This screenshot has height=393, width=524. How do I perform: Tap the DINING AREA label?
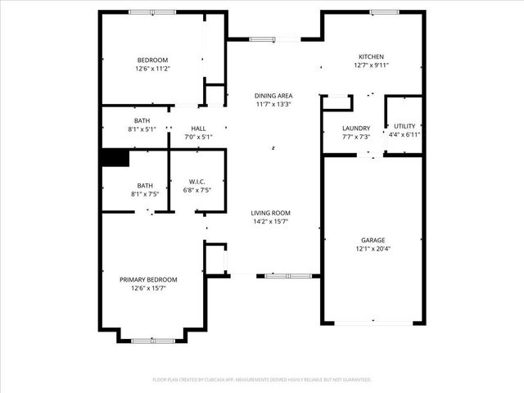tap(273, 96)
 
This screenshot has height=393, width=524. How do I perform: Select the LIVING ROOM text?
tap(270, 213)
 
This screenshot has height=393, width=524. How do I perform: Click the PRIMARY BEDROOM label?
tap(148, 280)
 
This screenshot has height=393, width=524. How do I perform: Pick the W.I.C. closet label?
tap(196, 182)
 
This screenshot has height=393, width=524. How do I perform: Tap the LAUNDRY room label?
tap(356, 129)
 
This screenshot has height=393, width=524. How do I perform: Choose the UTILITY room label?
tap(404, 126)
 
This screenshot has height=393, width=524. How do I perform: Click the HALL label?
tap(198, 129)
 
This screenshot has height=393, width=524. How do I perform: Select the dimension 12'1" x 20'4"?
tap(373, 249)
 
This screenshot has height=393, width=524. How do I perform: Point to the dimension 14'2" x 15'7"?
tap(270, 222)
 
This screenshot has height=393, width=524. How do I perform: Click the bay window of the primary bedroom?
tap(152, 339)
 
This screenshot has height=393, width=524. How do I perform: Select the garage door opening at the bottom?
tap(373, 323)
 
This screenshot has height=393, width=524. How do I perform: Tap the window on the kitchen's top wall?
tap(383, 12)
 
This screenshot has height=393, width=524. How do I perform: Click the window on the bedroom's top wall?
tap(151, 12)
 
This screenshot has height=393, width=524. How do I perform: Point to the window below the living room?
tap(288, 276)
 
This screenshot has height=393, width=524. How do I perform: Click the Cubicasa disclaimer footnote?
tap(262, 380)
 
